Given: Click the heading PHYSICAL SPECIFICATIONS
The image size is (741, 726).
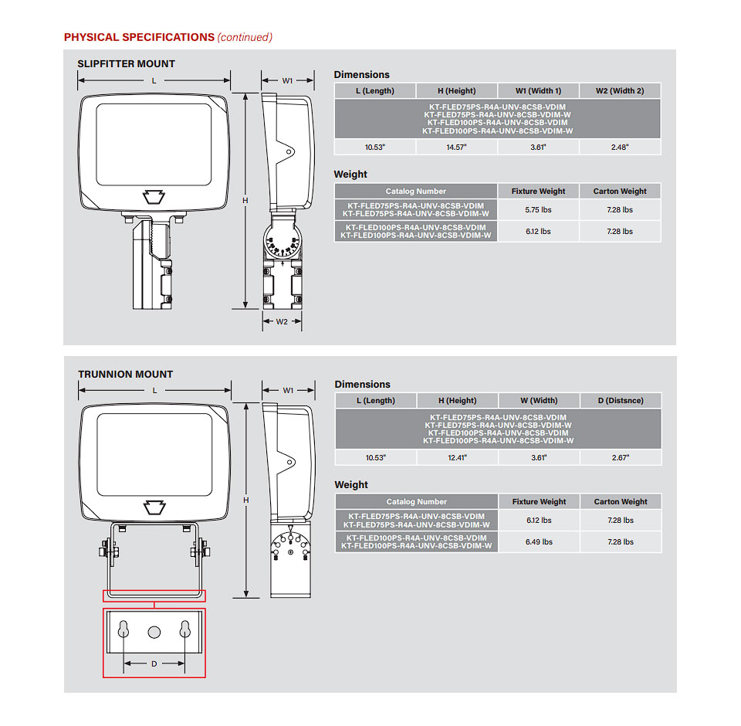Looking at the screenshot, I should tap(139, 37).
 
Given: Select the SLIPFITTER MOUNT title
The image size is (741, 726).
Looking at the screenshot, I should tap(127, 64).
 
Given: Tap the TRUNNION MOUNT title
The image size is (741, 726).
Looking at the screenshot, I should tap(126, 375).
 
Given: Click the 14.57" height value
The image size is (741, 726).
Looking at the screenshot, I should tap(457, 147).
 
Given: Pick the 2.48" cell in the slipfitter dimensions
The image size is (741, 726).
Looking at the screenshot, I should tap(620, 147).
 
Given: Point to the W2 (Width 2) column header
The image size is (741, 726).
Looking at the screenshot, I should tap(620, 91).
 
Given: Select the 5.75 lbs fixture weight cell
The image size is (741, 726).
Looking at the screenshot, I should tap(538, 210).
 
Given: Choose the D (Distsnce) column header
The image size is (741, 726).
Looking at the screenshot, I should tap(621, 401).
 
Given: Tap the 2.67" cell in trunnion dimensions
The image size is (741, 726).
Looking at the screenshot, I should tap(621, 458).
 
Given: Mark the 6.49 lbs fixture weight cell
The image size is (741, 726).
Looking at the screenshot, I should tap(539, 542).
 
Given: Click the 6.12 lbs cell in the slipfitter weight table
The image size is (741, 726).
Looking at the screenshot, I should tap(538, 232).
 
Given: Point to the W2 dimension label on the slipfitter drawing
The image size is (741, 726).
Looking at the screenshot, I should tap(283, 321).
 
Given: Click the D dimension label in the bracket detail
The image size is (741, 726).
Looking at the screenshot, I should tap(154, 663).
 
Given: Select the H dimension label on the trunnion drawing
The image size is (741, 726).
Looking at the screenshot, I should tap(246, 500).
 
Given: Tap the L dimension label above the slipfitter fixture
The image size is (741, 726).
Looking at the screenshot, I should tap(154, 80).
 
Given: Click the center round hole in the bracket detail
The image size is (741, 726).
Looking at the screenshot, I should tap(154, 631).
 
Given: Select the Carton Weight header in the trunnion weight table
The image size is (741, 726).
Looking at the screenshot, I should tap(621, 502).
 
